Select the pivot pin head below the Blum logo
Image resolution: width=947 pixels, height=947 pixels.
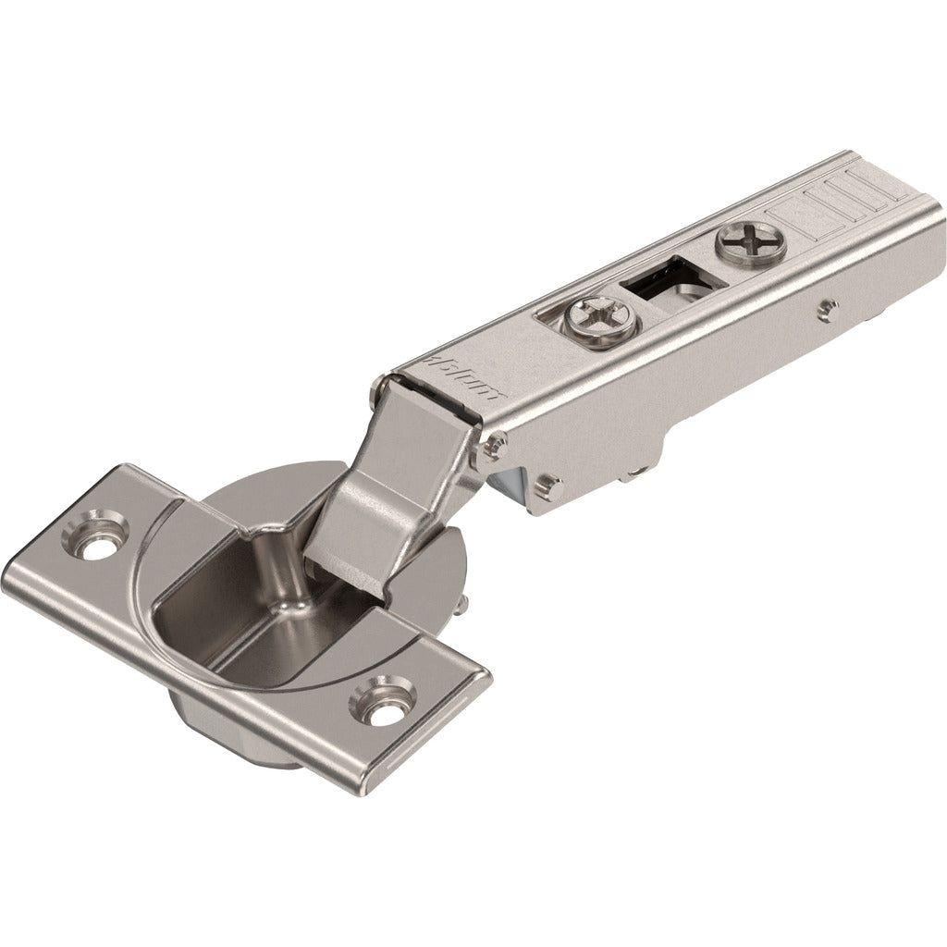point(489,449)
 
